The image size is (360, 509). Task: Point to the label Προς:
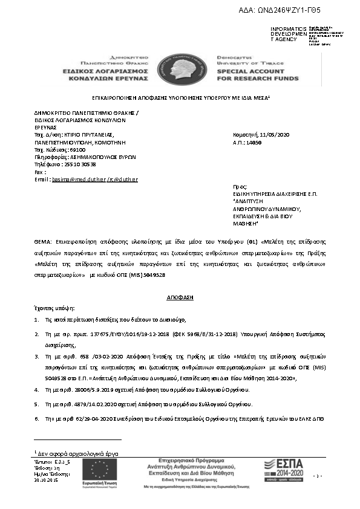[x=240, y=187]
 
